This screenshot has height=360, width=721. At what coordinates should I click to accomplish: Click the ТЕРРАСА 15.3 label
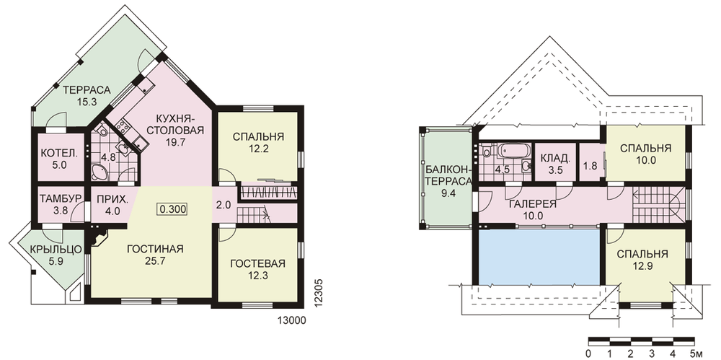click(87, 96)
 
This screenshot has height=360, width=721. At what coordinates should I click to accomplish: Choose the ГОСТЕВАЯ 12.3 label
click(258, 269)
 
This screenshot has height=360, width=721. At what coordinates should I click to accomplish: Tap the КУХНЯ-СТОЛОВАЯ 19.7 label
click(176, 129)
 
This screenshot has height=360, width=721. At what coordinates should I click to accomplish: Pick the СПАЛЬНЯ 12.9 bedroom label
click(642, 260)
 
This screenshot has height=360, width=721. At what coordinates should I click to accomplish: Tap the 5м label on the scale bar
click(696, 354)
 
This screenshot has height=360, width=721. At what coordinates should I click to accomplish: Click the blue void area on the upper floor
click(539, 257)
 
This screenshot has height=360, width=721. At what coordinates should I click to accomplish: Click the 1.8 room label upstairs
click(590, 166)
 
